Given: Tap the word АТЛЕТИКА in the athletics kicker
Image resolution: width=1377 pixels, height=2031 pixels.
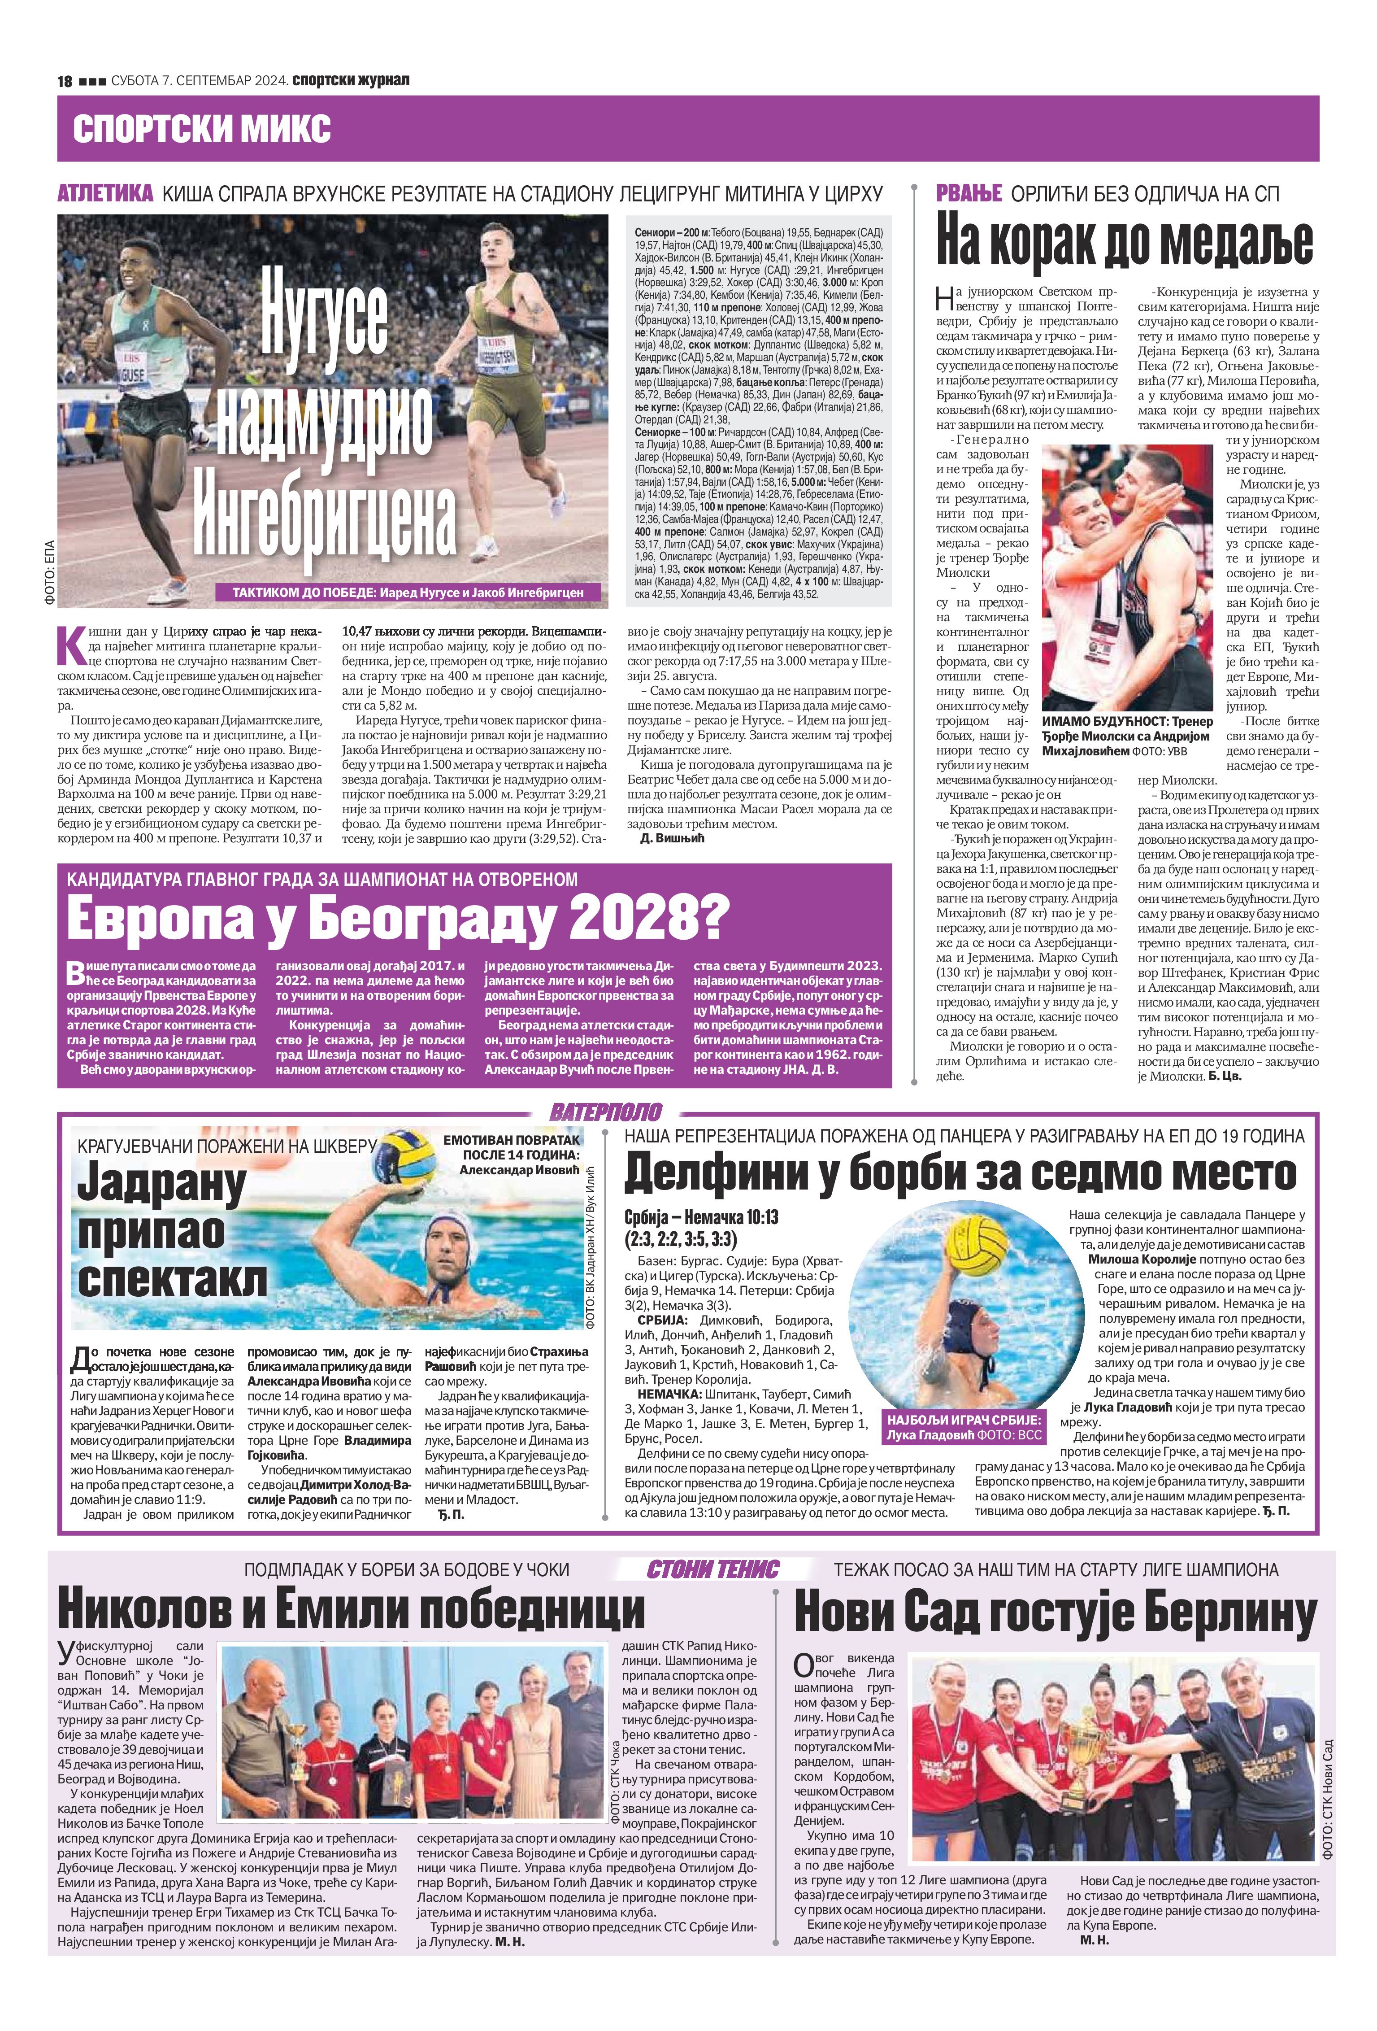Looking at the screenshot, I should pos(106,193).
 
